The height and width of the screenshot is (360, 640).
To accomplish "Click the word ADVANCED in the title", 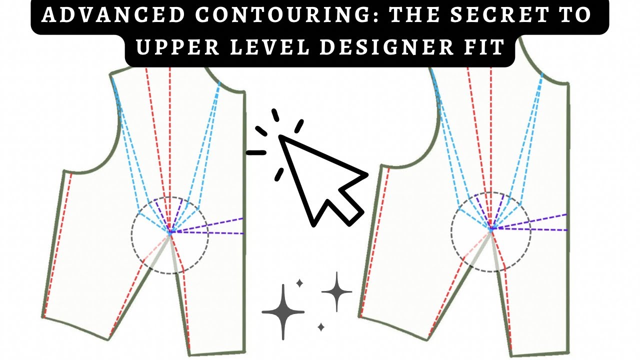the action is click(113, 14).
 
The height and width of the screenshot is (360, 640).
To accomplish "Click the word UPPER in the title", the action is click(177, 47).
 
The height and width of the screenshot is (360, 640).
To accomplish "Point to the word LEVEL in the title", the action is click(270, 47).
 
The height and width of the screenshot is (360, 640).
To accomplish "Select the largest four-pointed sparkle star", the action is click(283, 312).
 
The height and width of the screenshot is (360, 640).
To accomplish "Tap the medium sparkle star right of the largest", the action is click(337, 291).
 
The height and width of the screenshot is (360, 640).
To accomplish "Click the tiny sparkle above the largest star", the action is click(299, 283).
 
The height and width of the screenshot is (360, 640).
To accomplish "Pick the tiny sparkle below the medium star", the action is click(321, 327).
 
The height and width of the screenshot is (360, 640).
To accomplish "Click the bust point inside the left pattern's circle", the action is click(170, 232).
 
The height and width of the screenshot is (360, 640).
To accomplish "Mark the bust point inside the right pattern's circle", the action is click(491, 228).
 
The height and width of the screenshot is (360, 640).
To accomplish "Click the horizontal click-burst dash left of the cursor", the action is click(256, 153).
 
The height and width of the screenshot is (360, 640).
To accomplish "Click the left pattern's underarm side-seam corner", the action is click(64, 171).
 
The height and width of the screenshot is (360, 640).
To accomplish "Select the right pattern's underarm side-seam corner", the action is click(381, 165).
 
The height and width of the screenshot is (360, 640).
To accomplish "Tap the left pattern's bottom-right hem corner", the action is click(244, 352).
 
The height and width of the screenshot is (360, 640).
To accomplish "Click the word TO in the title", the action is click(575, 14).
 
